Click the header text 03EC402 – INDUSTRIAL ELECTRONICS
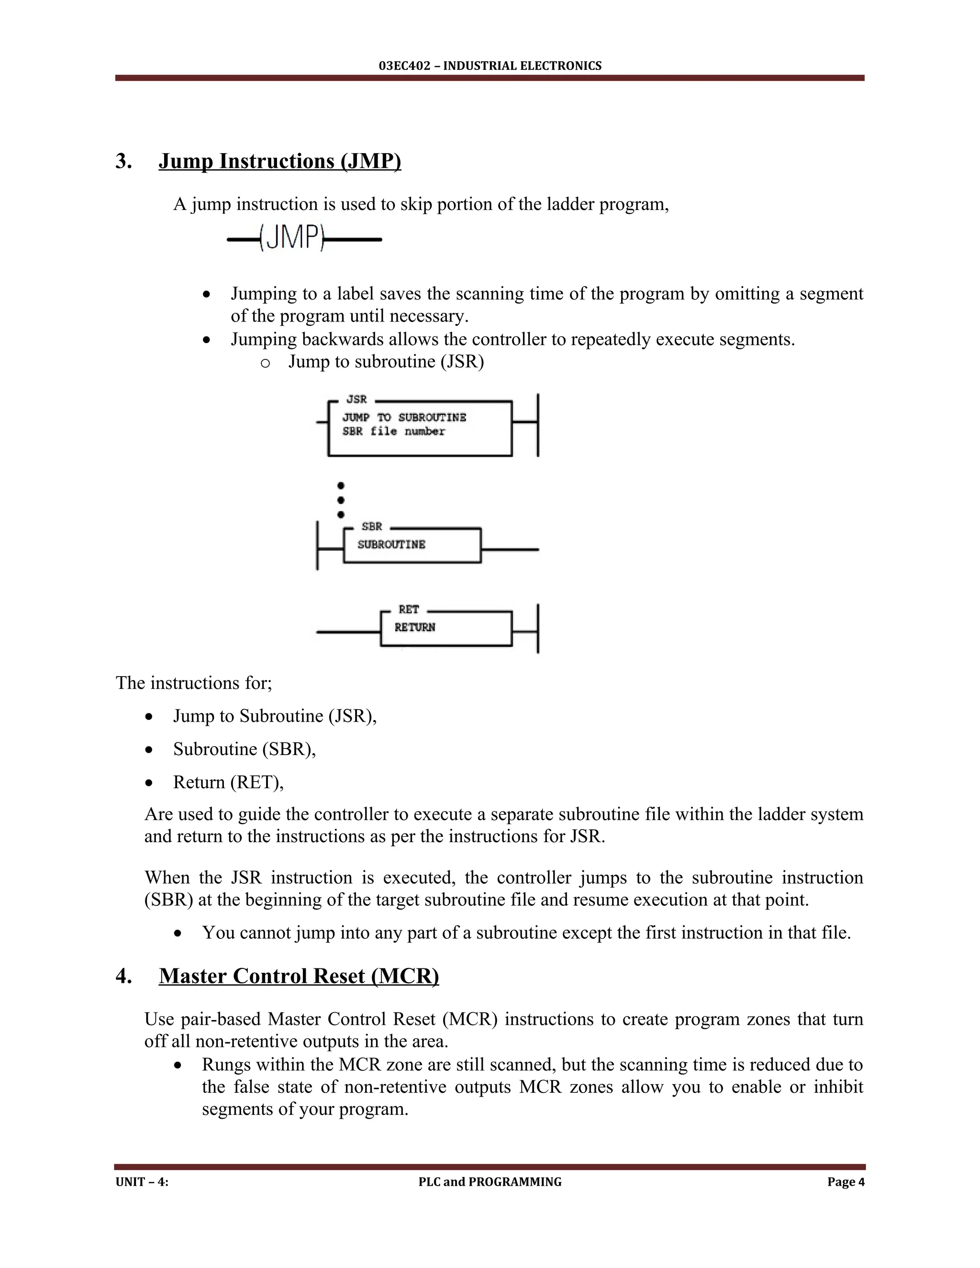490,66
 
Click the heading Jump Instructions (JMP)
280,161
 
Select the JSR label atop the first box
356,400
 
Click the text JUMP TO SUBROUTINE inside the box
404,417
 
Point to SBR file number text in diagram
394,432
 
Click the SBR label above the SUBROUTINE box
371,527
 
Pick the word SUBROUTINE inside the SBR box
391,545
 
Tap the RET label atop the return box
409,610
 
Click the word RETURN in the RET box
414,628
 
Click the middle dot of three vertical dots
341,500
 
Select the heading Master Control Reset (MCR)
299,976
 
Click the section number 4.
123,976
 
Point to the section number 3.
123,161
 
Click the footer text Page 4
846,1181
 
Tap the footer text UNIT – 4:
142,1181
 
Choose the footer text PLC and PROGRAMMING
490,1181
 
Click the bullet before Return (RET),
150,783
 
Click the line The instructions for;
194,683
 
